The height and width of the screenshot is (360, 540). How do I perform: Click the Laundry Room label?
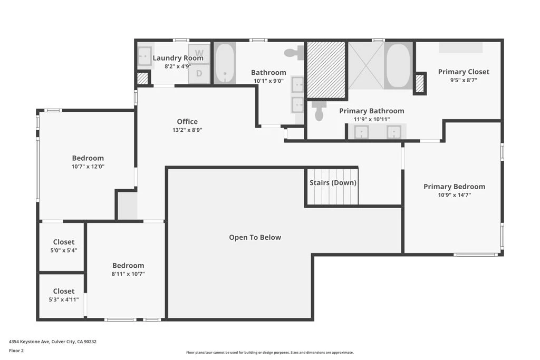[178, 58]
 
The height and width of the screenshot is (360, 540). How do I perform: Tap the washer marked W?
[199, 53]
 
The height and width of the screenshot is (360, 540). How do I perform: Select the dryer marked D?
[199, 74]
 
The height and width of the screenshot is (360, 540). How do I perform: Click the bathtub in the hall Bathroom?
[225, 63]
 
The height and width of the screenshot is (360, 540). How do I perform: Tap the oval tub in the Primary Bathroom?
[398, 65]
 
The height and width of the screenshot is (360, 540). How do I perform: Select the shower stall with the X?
[367, 65]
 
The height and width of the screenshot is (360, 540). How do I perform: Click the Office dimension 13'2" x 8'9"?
[187, 130]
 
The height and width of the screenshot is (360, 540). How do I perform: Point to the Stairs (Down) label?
[333, 183]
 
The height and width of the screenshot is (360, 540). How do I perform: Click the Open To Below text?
[255, 237]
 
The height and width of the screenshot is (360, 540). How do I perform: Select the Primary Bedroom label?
[454, 187]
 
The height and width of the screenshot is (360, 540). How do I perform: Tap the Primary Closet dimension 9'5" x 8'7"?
[464, 80]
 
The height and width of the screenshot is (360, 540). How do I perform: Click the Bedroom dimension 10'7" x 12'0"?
[88, 167]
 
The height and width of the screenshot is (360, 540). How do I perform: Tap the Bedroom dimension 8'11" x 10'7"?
[128, 274]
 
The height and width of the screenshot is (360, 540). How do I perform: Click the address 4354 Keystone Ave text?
[30, 342]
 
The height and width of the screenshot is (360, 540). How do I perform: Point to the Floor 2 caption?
[16, 351]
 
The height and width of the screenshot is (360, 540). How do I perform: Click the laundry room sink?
[145, 56]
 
